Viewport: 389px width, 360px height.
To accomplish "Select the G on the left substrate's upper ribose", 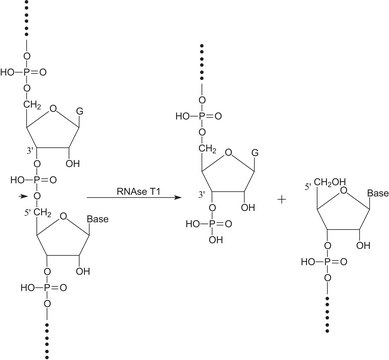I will click(x=98, y=130).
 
